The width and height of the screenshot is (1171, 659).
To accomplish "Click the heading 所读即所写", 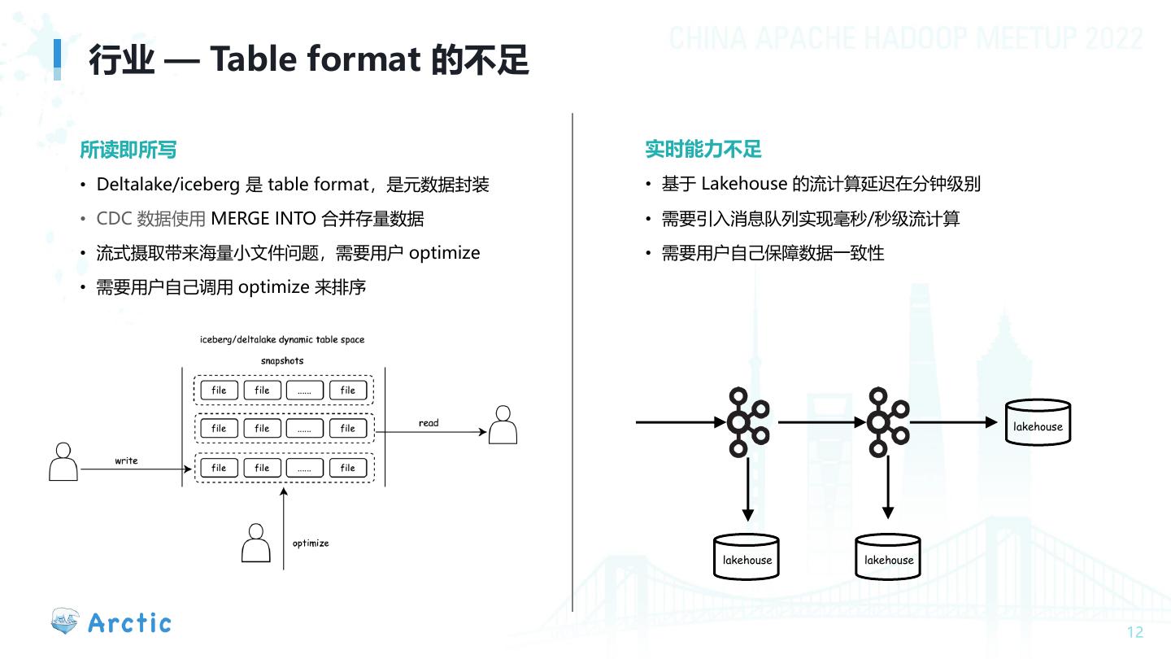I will coord(128,150).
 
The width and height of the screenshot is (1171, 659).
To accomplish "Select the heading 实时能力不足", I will coord(703,150).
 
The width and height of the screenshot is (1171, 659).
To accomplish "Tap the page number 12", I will coord(1134,633).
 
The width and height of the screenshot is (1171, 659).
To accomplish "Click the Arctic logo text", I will coord(129,623).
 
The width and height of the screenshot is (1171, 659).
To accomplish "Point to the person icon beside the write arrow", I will coord(63,461).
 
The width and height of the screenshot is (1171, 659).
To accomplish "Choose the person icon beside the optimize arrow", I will coord(255,543).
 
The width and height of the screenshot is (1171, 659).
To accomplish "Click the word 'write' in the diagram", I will coord(126,460).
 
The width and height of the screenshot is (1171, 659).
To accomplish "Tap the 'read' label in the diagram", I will coord(429,423).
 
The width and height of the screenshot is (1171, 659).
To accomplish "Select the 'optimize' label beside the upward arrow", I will coord(311,543).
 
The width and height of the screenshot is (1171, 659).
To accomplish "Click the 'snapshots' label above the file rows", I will coord(282,360).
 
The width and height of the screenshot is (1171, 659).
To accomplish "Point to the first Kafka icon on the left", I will coord(747,422).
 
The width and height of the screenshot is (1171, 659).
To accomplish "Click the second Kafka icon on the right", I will coord(887,422).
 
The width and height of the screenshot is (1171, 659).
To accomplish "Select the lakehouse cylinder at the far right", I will coord(1038,423).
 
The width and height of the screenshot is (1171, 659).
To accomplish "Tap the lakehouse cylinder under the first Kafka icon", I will coord(747,556).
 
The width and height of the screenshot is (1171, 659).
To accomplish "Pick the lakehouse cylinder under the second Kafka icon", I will coord(888,556).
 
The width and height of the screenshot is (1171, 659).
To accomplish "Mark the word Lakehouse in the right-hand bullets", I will coord(743,185).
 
